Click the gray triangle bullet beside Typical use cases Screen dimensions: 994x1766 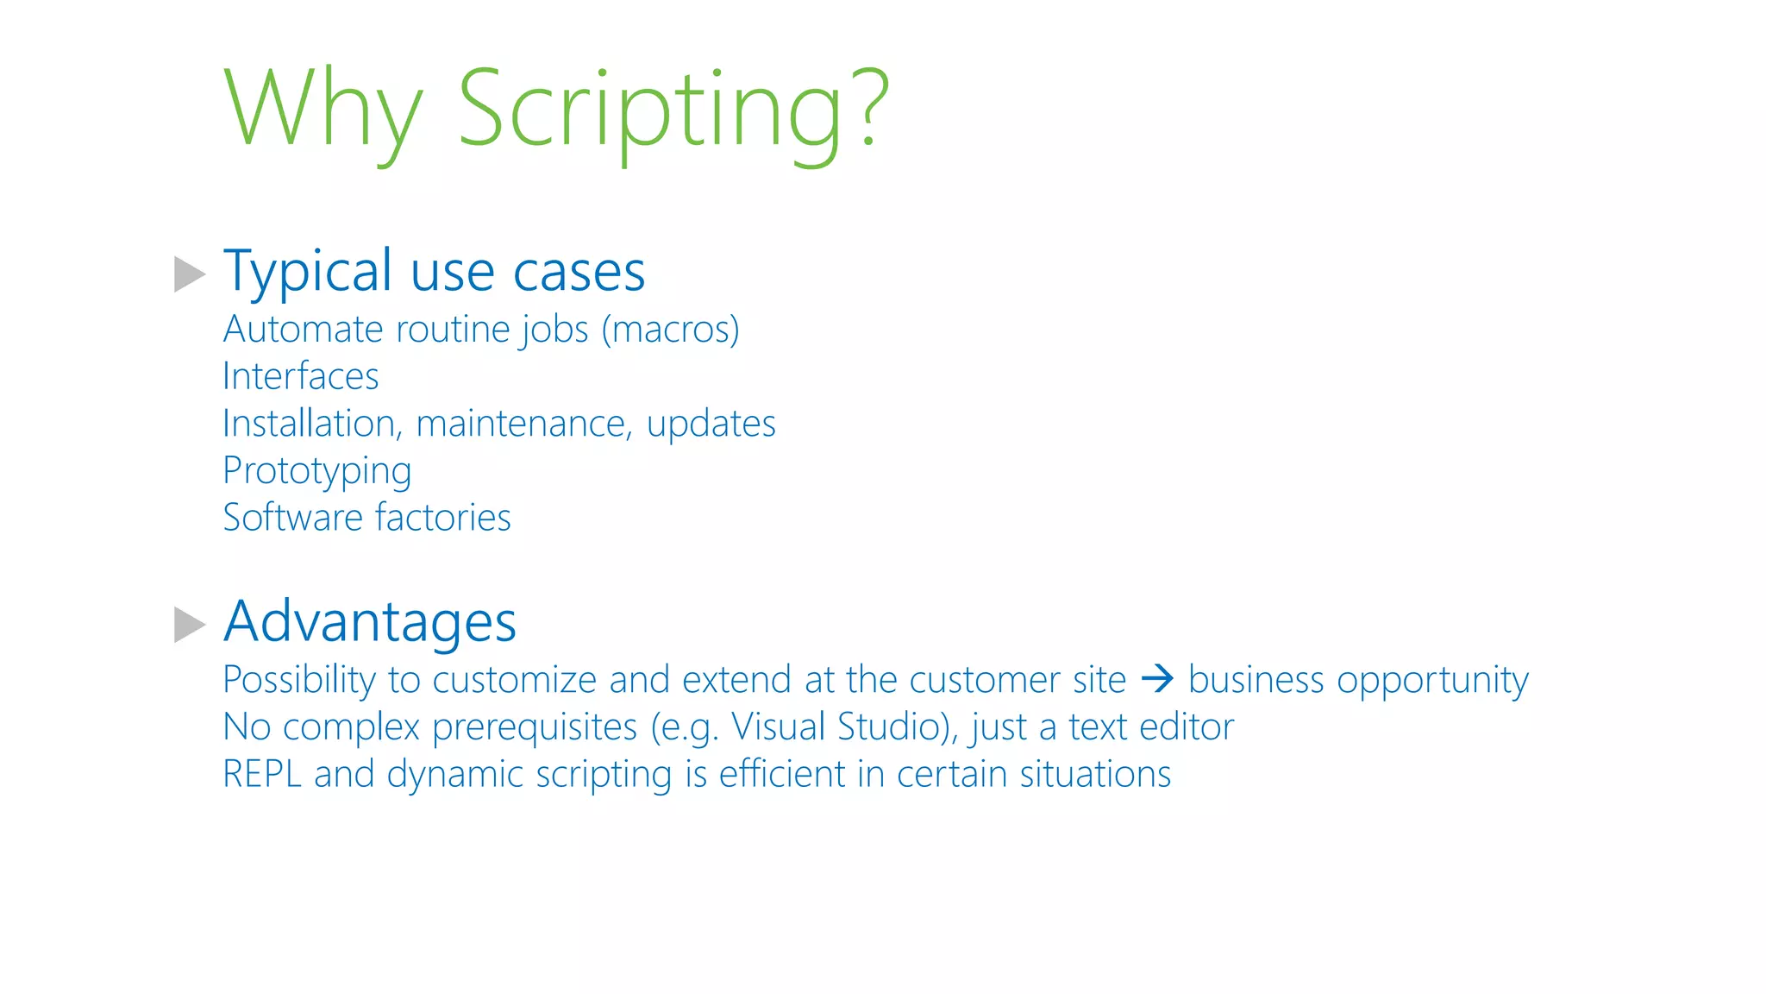pos(189,274)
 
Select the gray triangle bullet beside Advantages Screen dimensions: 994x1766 pos(189,625)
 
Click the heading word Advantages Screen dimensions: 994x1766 pos(370,621)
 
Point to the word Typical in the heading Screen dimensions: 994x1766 pos(308,272)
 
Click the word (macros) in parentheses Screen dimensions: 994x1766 pos(670,330)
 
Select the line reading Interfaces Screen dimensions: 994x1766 pos(300,377)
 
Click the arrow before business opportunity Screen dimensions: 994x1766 pos(1157,679)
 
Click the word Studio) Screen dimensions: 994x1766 pos(897,727)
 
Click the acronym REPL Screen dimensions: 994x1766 pos(262,774)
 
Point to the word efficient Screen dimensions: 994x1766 pos(782,774)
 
